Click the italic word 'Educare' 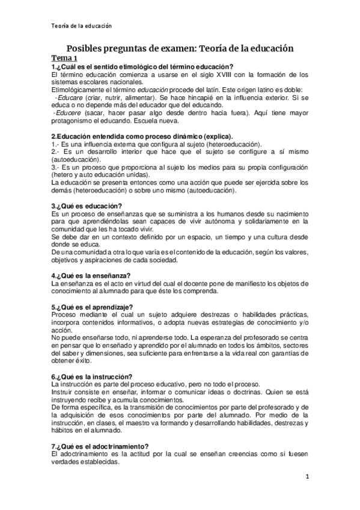coord(70,96)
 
